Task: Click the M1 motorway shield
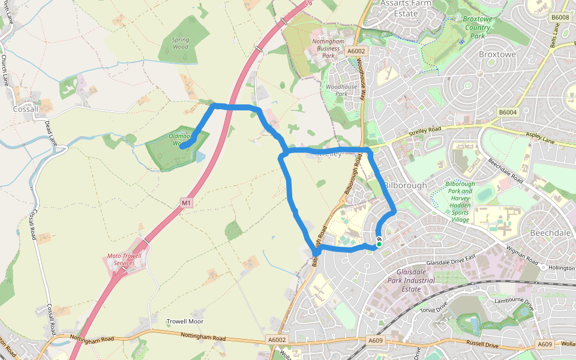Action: tap(187, 203)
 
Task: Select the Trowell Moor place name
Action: tap(185, 322)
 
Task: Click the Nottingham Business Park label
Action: tap(328, 48)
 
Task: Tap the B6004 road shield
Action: tap(507, 112)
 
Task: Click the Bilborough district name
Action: tap(405, 185)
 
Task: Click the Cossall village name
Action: tap(26, 109)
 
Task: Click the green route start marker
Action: tap(379, 244)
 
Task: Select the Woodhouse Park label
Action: tap(341, 91)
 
